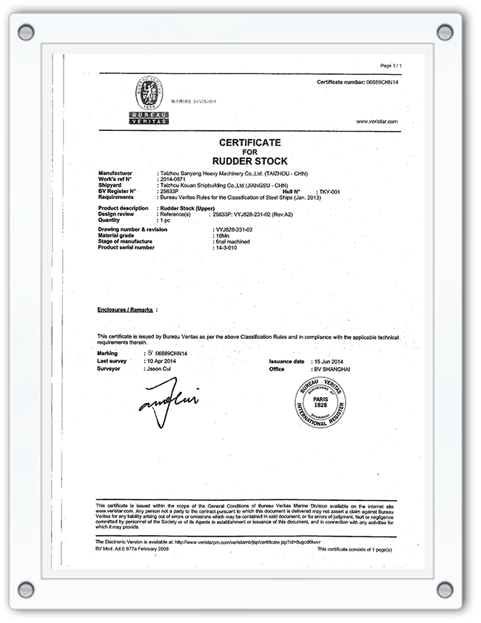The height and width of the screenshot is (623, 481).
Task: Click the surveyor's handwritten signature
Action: tap(168, 400)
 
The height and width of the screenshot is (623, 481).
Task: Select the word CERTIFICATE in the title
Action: tap(249, 141)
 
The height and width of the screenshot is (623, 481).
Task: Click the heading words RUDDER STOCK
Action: tap(249, 161)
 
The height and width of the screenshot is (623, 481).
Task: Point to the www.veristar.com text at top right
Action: tap(377, 121)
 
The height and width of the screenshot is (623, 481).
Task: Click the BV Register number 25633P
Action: tap(169, 191)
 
